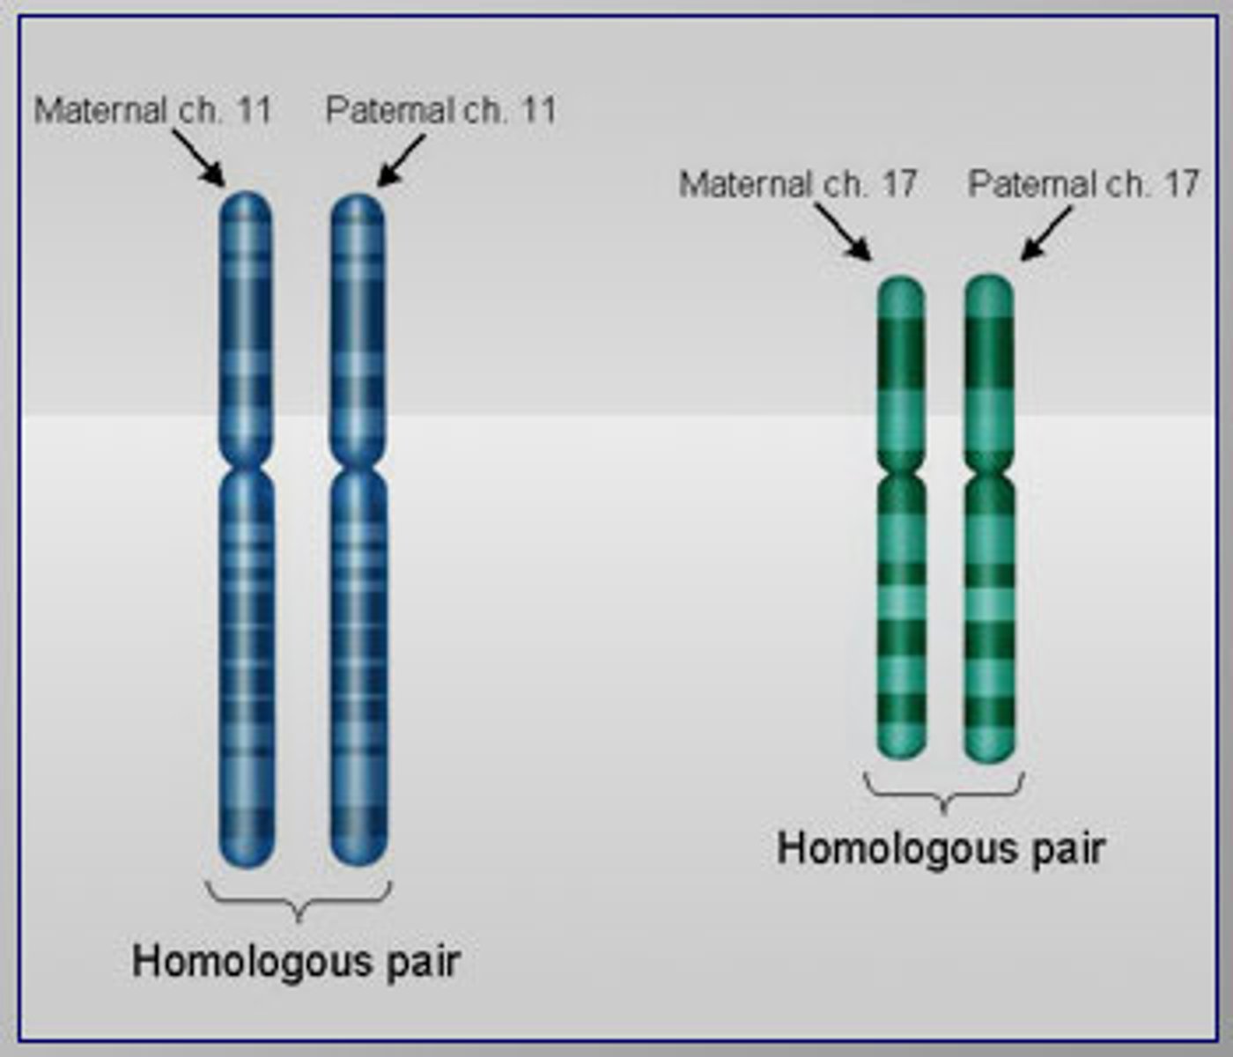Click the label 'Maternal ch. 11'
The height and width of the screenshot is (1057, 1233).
[152, 110]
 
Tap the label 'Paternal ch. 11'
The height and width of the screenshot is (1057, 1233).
[441, 110]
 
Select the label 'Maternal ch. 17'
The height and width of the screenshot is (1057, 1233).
[798, 184]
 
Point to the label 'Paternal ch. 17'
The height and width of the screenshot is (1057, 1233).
[1083, 184]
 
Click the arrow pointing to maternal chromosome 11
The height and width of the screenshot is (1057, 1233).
[199, 159]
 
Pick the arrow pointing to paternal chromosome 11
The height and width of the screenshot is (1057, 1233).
[402, 160]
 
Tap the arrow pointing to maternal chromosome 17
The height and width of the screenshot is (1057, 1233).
[843, 232]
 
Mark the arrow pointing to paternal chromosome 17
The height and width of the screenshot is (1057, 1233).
[1047, 233]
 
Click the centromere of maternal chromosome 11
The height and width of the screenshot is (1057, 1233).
[246, 463]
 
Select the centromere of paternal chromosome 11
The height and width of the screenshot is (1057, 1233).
[358, 463]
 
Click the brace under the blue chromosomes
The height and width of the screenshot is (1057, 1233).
[299, 900]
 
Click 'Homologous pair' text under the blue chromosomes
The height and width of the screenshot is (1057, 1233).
[296, 960]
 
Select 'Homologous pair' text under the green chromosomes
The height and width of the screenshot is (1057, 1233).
[941, 849]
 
